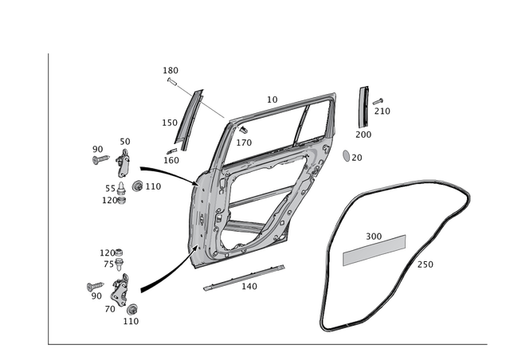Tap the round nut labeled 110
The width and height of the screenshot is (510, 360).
pyautogui.click(x=139, y=188)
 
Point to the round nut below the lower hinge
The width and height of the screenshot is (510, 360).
pyautogui.click(x=132, y=306)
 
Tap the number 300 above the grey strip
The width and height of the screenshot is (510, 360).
pyautogui.click(x=373, y=236)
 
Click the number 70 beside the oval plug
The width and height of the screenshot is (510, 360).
pyautogui.click(x=359, y=158)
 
